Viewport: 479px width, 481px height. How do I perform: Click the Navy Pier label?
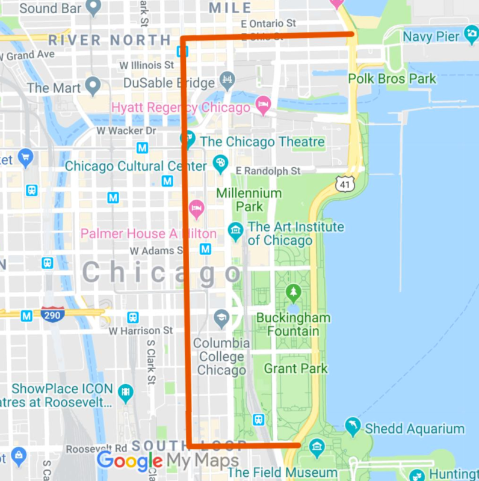click(x=431, y=37)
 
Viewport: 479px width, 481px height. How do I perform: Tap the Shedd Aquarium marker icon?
click(x=353, y=427)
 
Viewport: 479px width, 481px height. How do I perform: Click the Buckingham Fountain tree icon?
click(x=294, y=293)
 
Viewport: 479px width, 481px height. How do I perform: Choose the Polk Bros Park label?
click(x=392, y=79)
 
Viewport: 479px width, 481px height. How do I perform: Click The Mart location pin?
click(x=92, y=87)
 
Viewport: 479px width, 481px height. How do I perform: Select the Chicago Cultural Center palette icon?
click(x=220, y=164)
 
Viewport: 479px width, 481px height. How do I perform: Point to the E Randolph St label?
click(x=268, y=171)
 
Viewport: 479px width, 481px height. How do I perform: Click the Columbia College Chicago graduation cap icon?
click(x=221, y=319)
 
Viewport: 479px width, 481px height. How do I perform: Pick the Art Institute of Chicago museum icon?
click(x=235, y=230)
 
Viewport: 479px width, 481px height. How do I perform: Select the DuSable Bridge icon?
click(x=227, y=79)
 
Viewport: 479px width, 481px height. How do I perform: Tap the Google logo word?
click(x=129, y=462)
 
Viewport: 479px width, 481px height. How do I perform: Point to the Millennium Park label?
click(x=249, y=200)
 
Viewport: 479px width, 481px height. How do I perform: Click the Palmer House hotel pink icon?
click(x=196, y=210)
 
